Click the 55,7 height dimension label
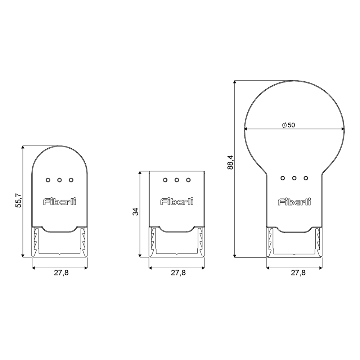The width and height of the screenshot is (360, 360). pyautogui.click(x=18, y=201)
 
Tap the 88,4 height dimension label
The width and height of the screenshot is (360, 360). pyautogui.click(x=230, y=162)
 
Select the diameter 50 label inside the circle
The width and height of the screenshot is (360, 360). pyautogui.click(x=288, y=125)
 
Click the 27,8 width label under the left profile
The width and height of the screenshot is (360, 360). pyautogui.click(x=61, y=273)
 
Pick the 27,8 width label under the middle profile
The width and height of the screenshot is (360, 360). pyautogui.click(x=178, y=273)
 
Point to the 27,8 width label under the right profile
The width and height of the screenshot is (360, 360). pyautogui.click(x=298, y=273)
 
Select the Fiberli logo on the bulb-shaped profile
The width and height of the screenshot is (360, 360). pyautogui.click(x=294, y=202)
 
